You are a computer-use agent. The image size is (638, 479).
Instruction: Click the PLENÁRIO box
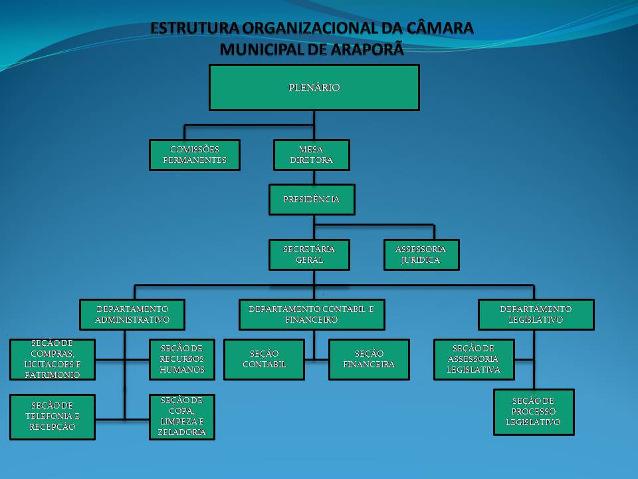tap(314, 87)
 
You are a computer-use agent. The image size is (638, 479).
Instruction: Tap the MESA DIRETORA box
tap(311, 155)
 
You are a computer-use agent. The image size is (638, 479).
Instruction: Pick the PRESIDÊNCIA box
tap(312, 200)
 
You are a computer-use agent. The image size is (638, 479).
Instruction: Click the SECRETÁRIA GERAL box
tap(309, 254)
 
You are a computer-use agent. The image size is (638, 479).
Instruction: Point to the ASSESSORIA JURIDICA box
tap(421, 254)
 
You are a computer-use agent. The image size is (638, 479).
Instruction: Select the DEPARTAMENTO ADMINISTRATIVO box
tap(132, 314)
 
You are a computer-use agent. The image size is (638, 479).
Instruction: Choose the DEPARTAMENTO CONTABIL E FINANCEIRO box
tap(312, 314)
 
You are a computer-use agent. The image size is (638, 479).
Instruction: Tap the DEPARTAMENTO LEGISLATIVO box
tap(536, 314)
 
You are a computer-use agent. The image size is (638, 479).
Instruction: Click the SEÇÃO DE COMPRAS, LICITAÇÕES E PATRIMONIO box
tap(53, 359)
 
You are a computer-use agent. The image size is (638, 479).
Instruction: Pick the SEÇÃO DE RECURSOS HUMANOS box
tap(182, 359)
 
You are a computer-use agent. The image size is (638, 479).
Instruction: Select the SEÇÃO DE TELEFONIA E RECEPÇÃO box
tap(53, 417)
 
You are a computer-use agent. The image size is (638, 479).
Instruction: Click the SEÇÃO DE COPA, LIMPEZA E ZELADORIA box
tap(182, 417)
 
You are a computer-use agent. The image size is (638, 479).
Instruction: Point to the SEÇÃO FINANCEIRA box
tap(369, 359)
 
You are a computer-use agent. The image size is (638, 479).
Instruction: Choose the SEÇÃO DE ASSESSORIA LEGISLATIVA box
tap(474, 359)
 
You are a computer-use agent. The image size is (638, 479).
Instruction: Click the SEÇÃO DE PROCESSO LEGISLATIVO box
tap(534, 412)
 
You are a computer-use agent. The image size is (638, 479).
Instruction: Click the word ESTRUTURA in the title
tap(194, 29)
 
